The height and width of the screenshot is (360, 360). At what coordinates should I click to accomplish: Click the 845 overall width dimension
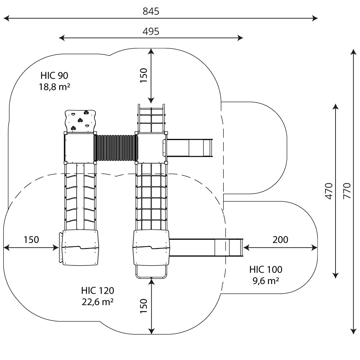click(x=151, y=12)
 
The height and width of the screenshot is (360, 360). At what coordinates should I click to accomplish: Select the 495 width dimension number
click(x=151, y=32)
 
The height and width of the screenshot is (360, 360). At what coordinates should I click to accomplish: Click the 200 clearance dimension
click(x=280, y=240)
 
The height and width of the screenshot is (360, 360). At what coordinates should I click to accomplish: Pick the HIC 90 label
click(x=54, y=76)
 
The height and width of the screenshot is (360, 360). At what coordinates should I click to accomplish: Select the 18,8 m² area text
click(x=54, y=87)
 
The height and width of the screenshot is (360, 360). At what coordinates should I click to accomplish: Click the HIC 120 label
click(x=98, y=290)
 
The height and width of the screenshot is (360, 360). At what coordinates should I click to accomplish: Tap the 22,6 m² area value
click(x=98, y=302)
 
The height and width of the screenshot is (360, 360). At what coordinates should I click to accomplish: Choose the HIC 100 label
click(x=266, y=269)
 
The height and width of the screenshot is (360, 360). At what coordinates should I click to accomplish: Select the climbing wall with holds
click(x=80, y=120)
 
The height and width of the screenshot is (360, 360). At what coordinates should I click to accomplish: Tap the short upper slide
click(x=190, y=148)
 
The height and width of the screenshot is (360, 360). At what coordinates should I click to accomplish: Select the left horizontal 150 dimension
click(x=31, y=240)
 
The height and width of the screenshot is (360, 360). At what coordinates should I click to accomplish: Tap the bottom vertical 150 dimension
click(x=144, y=306)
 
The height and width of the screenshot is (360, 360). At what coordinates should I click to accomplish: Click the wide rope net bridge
click(x=151, y=196)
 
